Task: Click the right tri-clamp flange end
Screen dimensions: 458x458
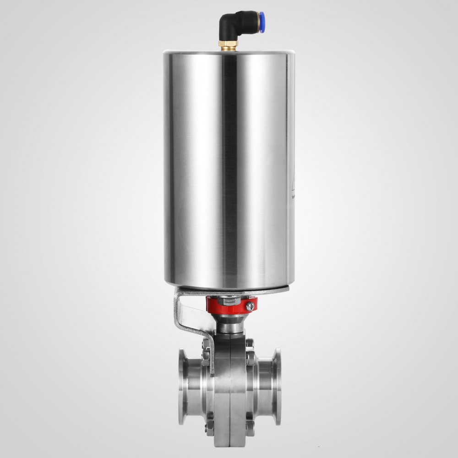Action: (x=277, y=385)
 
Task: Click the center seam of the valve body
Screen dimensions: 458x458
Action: (x=229, y=389)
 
